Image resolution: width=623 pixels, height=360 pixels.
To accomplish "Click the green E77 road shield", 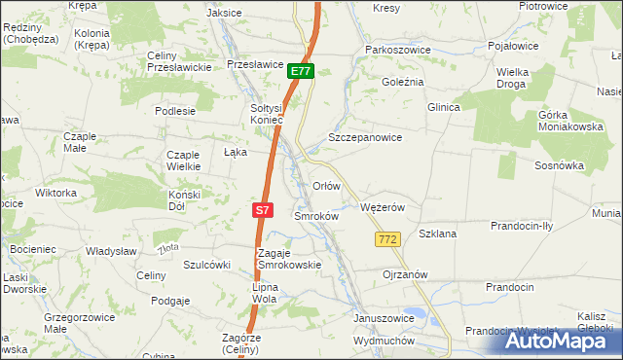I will point(301,71).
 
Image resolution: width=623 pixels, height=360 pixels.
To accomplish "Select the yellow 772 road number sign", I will point(386,239).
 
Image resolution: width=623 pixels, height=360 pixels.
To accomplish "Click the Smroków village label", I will point(315,216).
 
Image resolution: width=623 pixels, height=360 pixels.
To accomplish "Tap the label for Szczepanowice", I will point(365,138).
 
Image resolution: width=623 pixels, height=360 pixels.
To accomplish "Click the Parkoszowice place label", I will point(396,49).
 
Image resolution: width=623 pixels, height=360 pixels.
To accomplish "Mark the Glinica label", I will point(443,107).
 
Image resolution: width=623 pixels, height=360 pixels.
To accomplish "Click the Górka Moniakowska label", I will point(565,121).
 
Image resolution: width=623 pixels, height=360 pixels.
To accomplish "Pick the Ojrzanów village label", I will point(405,274).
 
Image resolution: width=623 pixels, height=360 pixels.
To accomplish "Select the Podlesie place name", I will point(175,111).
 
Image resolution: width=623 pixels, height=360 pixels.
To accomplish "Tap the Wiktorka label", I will point(55,193).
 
